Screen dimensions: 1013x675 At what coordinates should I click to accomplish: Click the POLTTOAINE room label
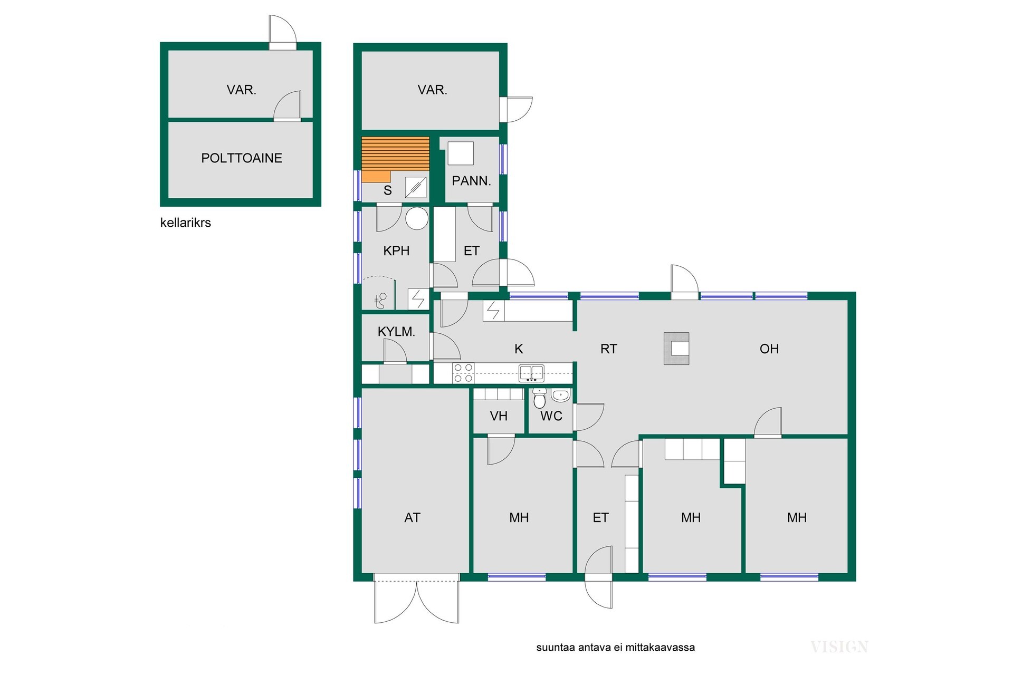click(242, 158)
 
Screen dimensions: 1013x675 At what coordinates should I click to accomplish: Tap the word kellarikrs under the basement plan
click(185, 223)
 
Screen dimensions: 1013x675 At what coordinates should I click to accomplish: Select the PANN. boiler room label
click(471, 181)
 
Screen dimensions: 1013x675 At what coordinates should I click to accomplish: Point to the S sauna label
click(388, 190)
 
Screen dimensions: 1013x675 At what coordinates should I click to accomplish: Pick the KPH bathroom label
click(396, 250)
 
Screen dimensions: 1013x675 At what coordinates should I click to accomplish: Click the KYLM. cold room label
click(396, 332)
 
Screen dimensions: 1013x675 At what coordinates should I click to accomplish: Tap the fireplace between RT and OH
click(676, 348)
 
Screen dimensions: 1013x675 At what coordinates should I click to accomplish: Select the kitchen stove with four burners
click(463, 373)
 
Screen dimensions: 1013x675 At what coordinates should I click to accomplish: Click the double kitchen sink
click(531, 373)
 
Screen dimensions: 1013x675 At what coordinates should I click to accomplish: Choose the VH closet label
click(499, 416)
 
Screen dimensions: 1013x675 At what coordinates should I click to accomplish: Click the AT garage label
click(412, 518)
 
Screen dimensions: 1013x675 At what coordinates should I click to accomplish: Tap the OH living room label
click(769, 349)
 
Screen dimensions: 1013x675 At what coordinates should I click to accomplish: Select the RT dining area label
click(608, 349)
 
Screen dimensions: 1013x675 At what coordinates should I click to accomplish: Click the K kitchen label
click(519, 349)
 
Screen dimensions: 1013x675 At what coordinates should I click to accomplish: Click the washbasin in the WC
click(561, 395)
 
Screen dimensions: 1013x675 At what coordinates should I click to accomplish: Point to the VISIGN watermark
click(839, 647)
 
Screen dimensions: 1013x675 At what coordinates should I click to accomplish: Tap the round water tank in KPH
click(417, 218)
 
